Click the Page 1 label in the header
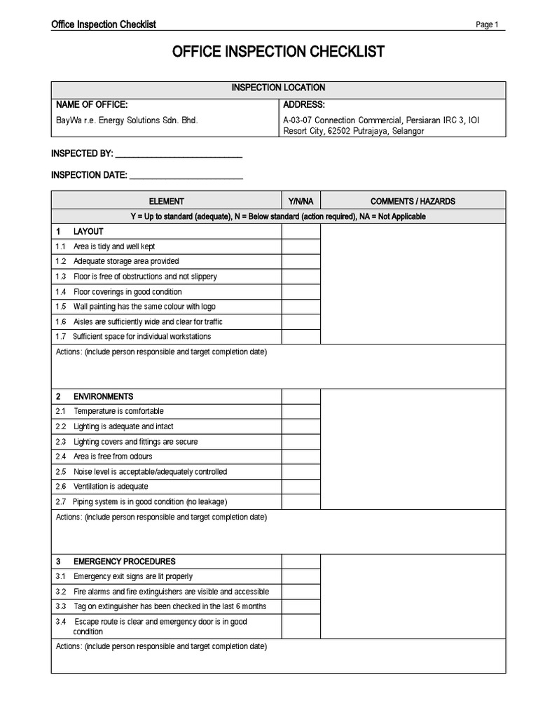487,25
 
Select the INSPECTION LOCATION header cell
278,88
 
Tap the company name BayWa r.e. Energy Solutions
127,120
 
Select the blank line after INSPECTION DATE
186,175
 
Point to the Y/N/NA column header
301,201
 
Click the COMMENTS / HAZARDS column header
413,201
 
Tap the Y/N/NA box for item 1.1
301,246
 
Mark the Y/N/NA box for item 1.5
301,307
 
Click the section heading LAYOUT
88,232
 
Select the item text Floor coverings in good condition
127,292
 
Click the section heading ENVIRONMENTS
104,396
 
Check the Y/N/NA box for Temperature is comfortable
301,412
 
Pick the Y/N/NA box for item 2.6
301,487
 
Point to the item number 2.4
60,457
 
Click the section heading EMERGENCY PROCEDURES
125,562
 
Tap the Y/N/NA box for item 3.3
301,607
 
